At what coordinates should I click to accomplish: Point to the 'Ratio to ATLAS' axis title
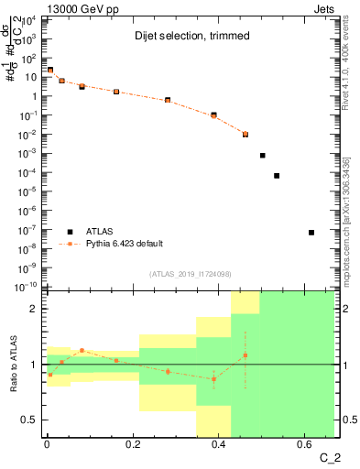pos(12,365)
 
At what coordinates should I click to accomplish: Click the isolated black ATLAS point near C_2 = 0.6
pos(311,233)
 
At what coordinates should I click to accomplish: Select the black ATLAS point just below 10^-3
pos(262,156)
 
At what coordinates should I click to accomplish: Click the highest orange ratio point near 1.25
pos(82,350)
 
